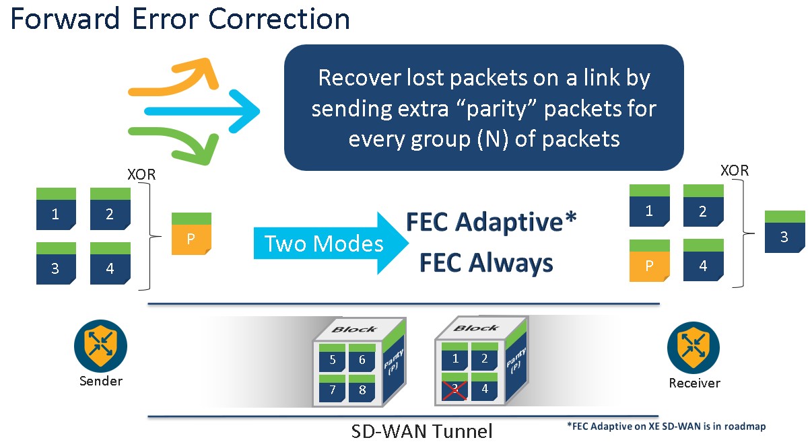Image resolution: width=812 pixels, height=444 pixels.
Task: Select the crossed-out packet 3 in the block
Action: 456,387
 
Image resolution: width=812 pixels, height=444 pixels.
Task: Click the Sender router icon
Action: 100,345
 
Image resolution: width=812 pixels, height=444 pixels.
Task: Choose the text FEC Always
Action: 486,263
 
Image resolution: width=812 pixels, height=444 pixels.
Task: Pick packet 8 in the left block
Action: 362,388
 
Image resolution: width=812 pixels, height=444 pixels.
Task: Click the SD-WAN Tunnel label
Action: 422,431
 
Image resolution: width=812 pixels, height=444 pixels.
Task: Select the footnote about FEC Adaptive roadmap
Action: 667,426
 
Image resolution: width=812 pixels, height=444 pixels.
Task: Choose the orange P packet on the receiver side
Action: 649,260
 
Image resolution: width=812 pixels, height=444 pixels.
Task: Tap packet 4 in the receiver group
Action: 703,260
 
